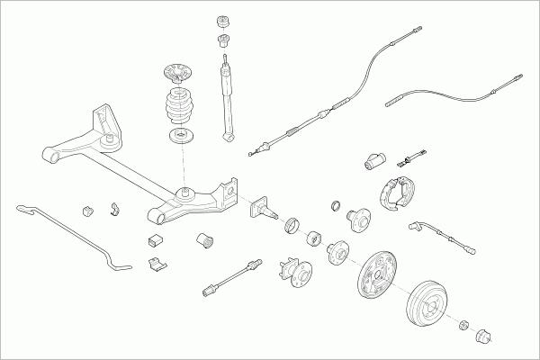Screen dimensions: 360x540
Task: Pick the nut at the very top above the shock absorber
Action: click(x=223, y=21)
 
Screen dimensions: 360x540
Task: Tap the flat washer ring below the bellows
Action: click(x=182, y=137)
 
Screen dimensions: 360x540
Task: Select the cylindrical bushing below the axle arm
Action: click(x=205, y=239)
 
